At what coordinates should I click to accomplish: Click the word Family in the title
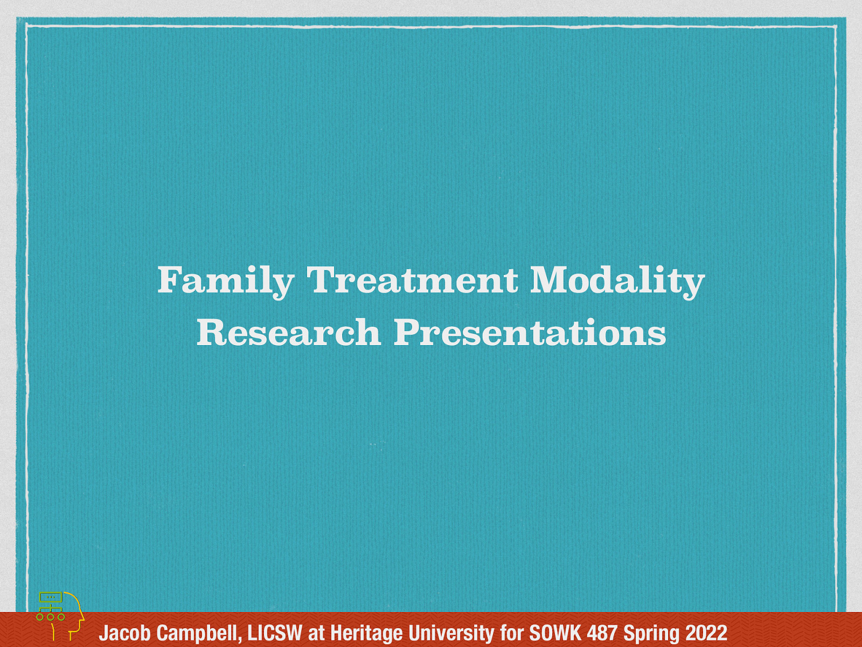[x=225, y=281]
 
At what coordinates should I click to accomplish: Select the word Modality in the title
[x=617, y=281]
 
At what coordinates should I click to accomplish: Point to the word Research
[x=288, y=332]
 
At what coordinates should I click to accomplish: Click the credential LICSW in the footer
[x=275, y=632]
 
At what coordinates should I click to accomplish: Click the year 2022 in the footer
[x=706, y=632]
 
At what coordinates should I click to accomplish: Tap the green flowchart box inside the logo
[x=51, y=597]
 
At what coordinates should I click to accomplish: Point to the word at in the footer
[x=316, y=632]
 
